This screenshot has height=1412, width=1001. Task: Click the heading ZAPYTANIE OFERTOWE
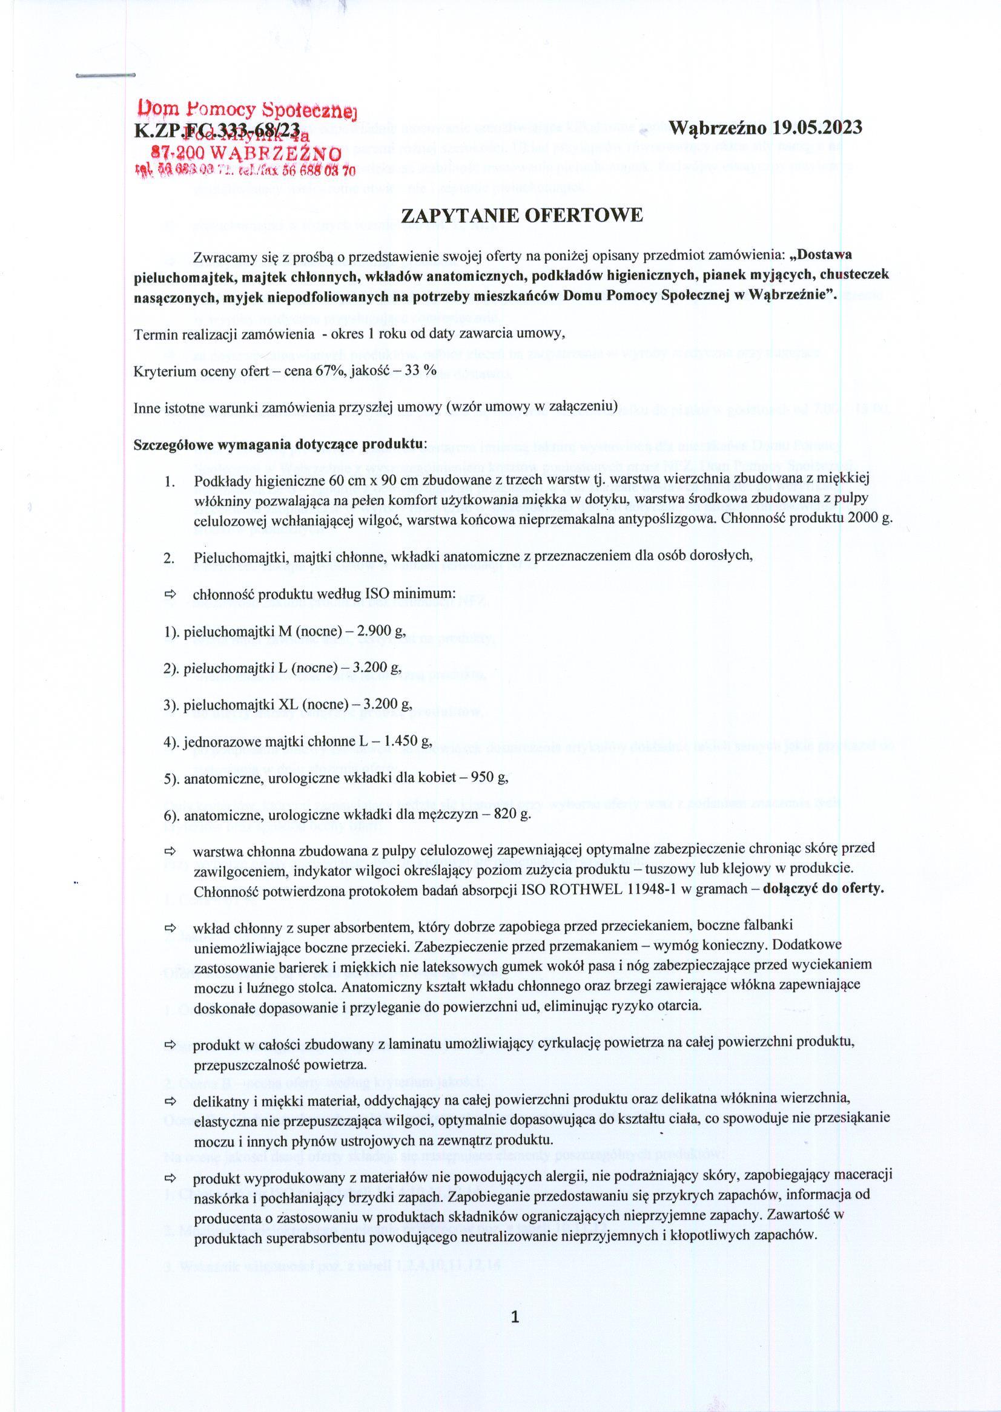(522, 216)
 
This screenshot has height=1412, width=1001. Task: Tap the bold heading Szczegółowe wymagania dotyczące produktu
(280, 444)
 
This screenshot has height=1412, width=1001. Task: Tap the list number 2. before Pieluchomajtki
(170, 558)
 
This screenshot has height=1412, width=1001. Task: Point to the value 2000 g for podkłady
(869, 518)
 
